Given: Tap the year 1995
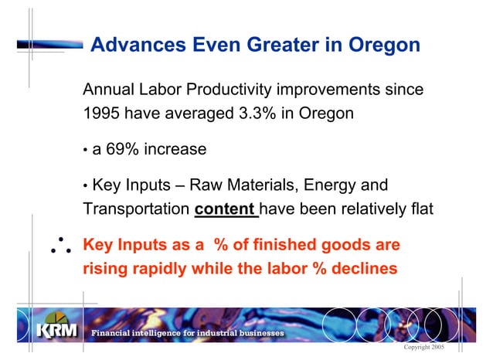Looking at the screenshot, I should [x=101, y=114].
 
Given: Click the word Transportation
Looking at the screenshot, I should [x=136, y=209].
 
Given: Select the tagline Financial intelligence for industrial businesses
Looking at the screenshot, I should [x=187, y=333].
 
